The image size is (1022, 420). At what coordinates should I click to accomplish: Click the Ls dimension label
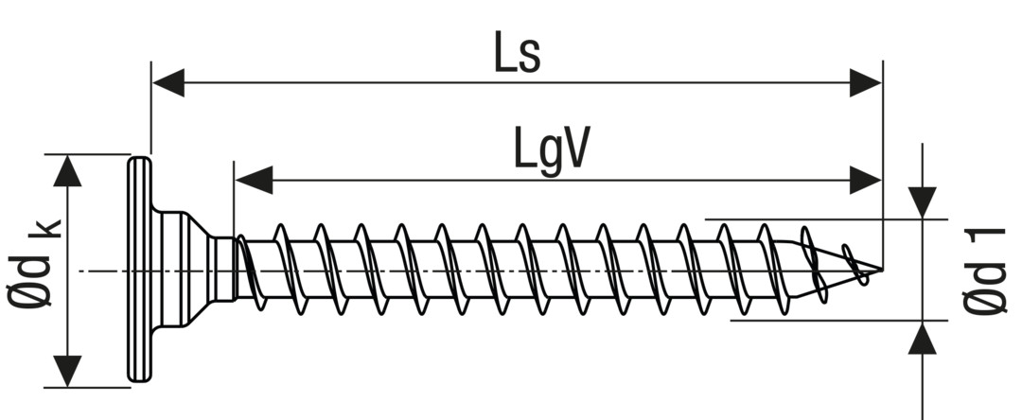click(517, 54)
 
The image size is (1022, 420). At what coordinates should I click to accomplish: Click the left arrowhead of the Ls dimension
click(168, 83)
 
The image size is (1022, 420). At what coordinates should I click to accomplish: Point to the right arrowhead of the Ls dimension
click(865, 83)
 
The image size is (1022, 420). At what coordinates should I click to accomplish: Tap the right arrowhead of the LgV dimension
click(865, 180)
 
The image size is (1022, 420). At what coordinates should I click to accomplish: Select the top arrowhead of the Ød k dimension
click(66, 171)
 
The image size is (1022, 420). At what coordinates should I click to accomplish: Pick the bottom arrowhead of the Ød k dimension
click(66, 370)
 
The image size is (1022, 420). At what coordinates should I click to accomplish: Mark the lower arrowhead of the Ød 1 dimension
click(923, 338)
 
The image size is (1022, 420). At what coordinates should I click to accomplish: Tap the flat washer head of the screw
click(138, 271)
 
